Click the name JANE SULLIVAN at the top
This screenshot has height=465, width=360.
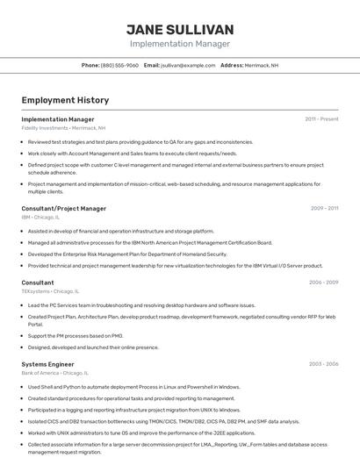[x=180, y=28]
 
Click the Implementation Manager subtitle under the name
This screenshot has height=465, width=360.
[x=180, y=43]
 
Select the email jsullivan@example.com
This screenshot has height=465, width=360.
[x=187, y=65]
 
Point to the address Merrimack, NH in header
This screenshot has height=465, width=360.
[x=262, y=65]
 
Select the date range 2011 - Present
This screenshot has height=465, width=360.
[x=321, y=118]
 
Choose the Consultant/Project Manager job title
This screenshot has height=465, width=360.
[x=63, y=209]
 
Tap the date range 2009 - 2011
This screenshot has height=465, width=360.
[x=324, y=209]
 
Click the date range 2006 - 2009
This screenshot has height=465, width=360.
[x=323, y=283]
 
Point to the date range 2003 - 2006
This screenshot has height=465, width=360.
[x=323, y=363]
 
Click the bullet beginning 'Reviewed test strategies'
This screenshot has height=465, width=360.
[x=140, y=141]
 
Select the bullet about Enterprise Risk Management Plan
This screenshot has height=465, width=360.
[x=127, y=254]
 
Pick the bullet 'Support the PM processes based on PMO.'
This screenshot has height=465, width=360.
[x=76, y=335]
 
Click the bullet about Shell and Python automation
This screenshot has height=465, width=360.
[x=133, y=386]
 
